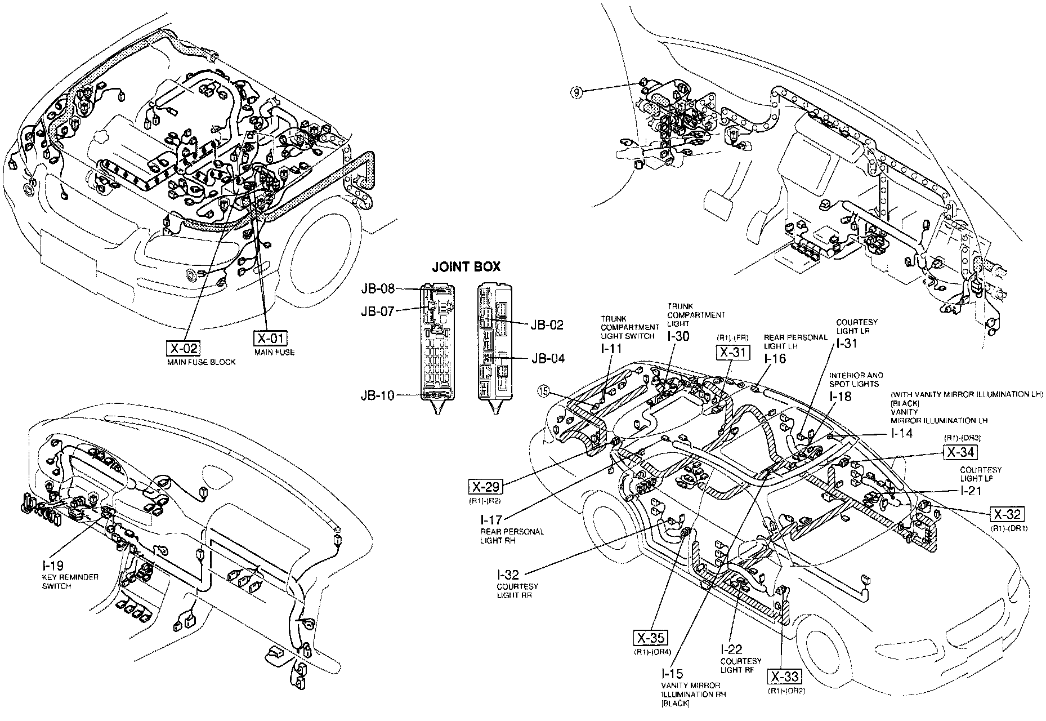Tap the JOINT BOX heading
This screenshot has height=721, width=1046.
(466, 267)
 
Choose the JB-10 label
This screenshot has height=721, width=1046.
(378, 395)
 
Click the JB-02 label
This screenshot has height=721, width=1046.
(546, 325)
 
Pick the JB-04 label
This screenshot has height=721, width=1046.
(547, 358)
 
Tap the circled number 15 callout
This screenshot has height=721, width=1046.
(543, 390)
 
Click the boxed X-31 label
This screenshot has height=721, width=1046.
(732, 353)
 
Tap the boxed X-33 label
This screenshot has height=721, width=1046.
(784, 677)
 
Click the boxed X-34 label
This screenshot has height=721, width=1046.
(960, 452)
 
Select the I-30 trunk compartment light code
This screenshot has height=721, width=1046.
(678, 336)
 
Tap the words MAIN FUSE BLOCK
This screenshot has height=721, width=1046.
(201, 362)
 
